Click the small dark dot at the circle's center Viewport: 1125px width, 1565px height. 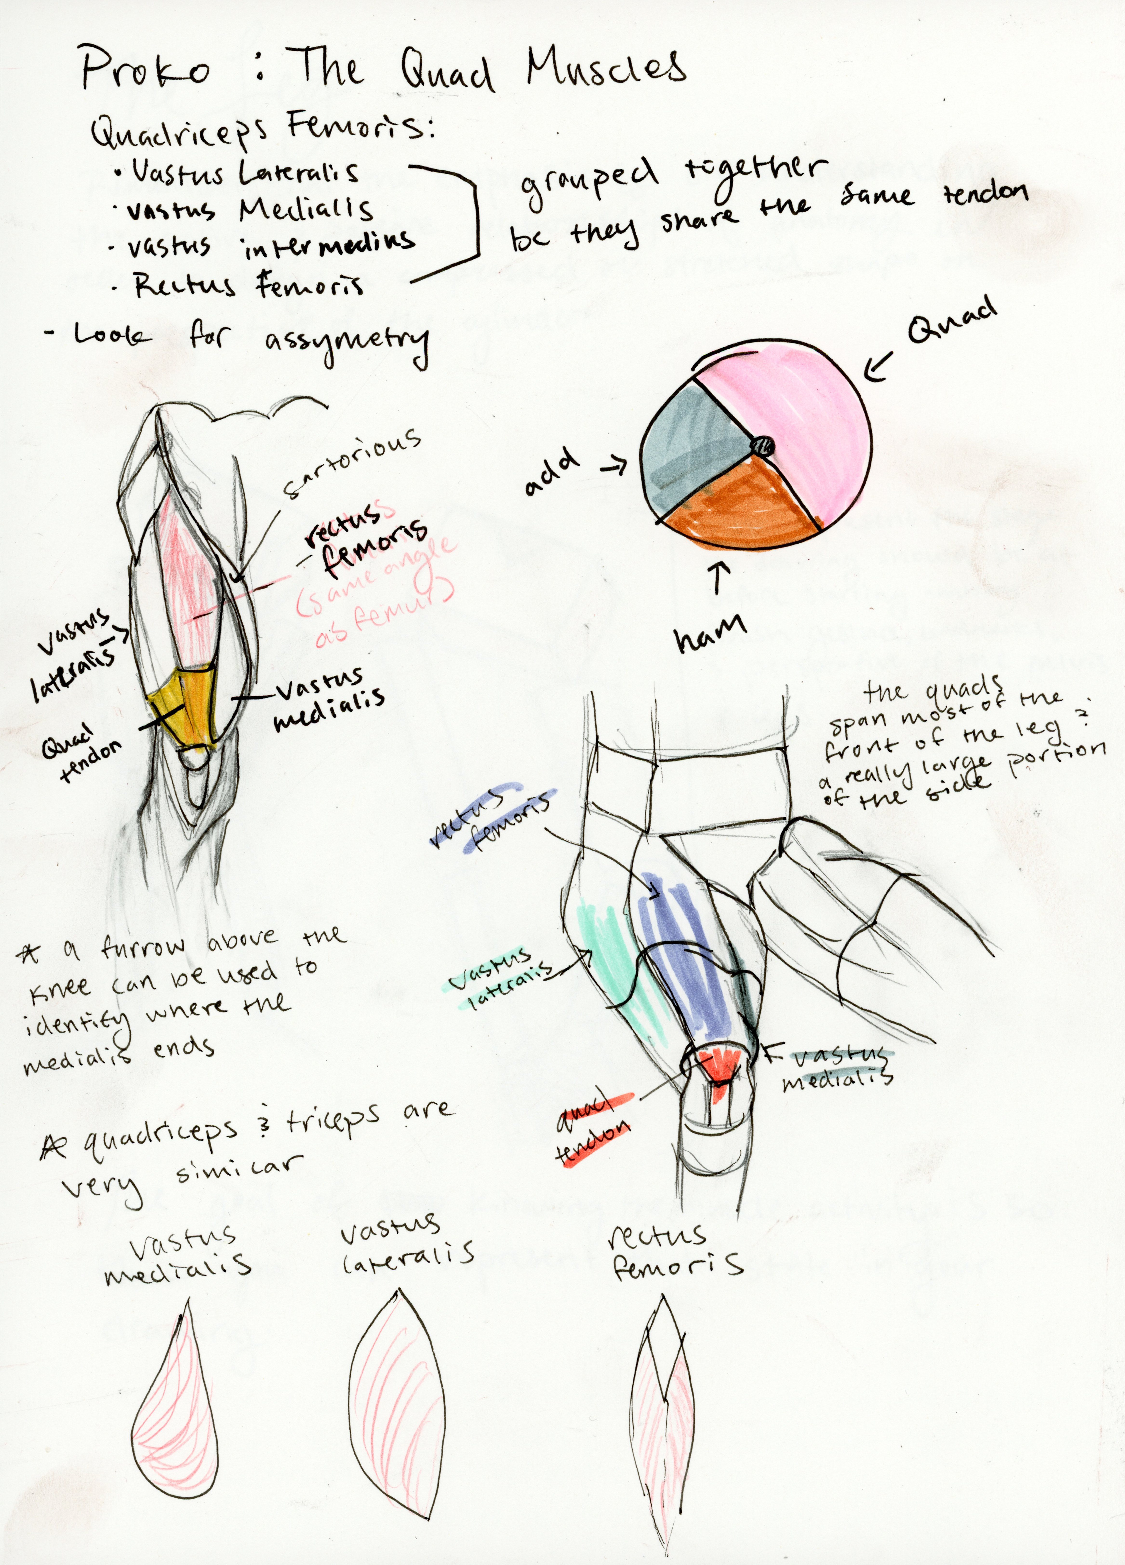[763, 446]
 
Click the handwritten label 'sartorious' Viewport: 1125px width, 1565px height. [352, 462]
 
